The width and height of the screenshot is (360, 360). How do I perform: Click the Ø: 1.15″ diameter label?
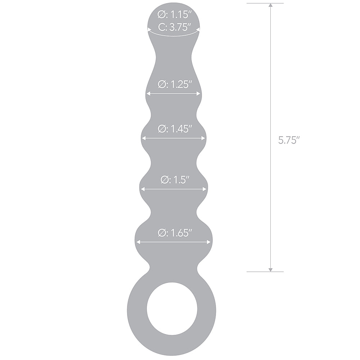[x=174, y=15]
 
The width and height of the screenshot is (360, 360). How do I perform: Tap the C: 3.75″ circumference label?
[x=174, y=27]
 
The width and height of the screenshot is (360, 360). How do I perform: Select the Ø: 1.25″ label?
[x=174, y=84]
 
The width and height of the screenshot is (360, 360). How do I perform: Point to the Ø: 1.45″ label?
[x=174, y=129]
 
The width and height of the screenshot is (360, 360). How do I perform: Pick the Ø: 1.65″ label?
[x=174, y=233]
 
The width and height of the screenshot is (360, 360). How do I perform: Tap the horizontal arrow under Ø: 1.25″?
[x=173, y=94]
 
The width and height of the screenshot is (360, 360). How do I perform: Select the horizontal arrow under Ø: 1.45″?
[x=173, y=138]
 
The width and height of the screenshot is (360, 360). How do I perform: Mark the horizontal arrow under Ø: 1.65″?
[x=173, y=242]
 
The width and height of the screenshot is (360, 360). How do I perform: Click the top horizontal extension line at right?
[x=265, y=3]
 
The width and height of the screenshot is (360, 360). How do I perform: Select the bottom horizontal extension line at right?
[x=265, y=271]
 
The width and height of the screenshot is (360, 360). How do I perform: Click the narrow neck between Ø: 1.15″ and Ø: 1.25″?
[x=174, y=54]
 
